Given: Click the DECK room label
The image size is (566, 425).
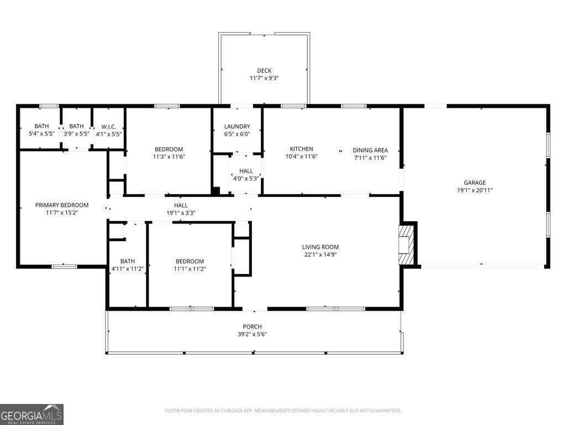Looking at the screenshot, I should [264, 70].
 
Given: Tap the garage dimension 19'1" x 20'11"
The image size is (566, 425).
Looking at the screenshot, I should [474, 190].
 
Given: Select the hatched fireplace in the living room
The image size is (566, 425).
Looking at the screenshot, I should [406, 245].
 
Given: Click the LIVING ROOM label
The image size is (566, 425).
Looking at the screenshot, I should [320, 247].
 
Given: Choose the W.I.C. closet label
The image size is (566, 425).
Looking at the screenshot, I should [108, 126].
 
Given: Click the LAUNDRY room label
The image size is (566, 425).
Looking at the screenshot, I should [237, 126].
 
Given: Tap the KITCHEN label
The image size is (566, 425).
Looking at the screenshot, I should [301, 149].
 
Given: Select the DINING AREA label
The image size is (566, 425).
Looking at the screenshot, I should [370, 150].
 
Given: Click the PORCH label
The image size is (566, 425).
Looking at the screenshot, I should [252, 326].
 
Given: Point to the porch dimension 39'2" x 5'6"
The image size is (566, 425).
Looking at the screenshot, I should [252, 334].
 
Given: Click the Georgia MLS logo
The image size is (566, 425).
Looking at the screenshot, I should [32, 414].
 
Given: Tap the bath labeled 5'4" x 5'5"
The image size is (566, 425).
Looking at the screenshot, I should [41, 134].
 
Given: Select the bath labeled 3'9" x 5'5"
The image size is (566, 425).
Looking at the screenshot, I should [76, 134].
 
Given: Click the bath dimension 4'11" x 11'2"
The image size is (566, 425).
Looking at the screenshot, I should [127, 269].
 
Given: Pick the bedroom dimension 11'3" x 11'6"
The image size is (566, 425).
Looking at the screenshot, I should [169, 157].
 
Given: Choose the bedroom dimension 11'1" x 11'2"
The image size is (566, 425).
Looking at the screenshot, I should [190, 269].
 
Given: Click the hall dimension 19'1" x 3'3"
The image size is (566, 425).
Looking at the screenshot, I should [181, 213].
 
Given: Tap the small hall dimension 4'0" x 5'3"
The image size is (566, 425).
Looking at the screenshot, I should [245, 179].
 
